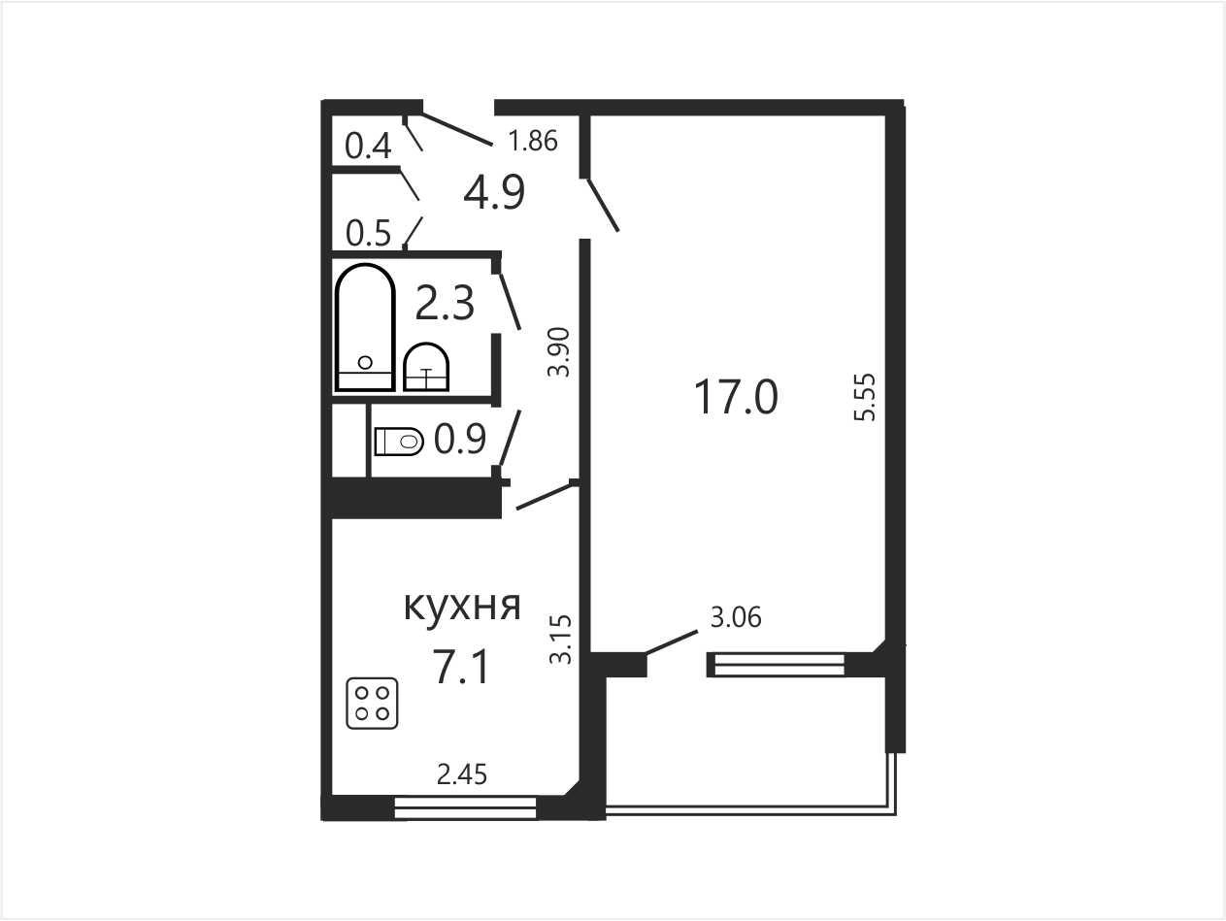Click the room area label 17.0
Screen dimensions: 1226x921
point(736,397)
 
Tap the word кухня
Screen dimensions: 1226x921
point(462,607)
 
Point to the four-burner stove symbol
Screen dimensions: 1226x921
point(372,704)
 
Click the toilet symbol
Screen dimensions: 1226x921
point(399,442)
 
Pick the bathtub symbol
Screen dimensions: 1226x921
point(365,328)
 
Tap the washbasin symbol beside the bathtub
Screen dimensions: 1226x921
point(426,367)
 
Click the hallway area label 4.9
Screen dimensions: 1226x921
point(494,192)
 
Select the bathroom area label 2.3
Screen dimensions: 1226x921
point(445,303)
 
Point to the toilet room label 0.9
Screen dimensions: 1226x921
point(460,440)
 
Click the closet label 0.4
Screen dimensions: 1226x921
point(368,147)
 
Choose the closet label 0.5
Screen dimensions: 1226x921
point(369,233)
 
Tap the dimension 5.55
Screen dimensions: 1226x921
point(865,397)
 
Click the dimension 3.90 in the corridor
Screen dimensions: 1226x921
point(559,352)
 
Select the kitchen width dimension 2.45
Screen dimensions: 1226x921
point(462,774)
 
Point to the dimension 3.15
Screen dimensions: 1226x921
point(561,640)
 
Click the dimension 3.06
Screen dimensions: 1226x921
point(736,618)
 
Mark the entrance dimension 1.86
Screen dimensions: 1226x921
point(532,141)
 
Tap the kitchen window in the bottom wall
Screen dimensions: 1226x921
point(465,808)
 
